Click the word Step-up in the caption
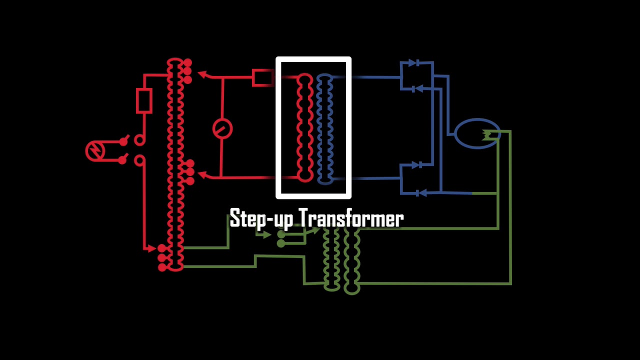pos(261,219)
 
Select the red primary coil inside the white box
pos(304,127)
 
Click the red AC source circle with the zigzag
pos(95,151)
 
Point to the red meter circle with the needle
pos(222,128)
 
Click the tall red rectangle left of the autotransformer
pos(144,101)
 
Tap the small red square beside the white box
pos(262,77)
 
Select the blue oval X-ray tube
pos(477,133)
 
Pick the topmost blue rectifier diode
pos(413,63)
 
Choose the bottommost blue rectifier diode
pos(421,193)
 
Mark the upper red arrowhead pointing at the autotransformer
pos(202,74)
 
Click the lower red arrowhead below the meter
pos(202,174)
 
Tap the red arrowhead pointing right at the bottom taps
pos(151,248)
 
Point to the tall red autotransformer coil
pos(175,165)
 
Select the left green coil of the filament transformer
pos(331,258)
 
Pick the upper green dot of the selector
pos(281,234)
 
